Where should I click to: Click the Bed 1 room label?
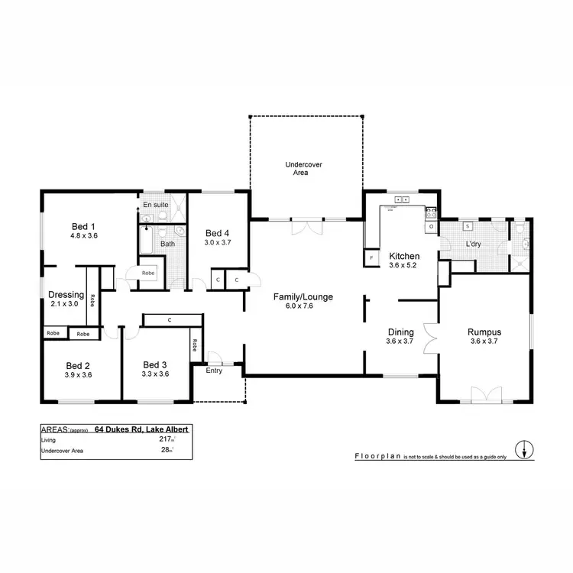tap(84, 226)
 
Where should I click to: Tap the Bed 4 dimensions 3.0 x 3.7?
tap(217, 242)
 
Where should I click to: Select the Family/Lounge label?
tap(304, 296)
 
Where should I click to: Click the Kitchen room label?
tap(403, 256)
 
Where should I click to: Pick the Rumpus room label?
tap(484, 332)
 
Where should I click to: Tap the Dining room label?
tap(400, 332)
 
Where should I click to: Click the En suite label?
tap(156, 205)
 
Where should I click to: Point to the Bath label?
tap(167, 244)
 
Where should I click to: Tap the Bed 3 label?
tap(155, 364)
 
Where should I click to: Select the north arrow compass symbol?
tap(524, 450)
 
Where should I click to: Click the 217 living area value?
tap(163, 440)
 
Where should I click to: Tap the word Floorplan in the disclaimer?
tap(379, 455)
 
